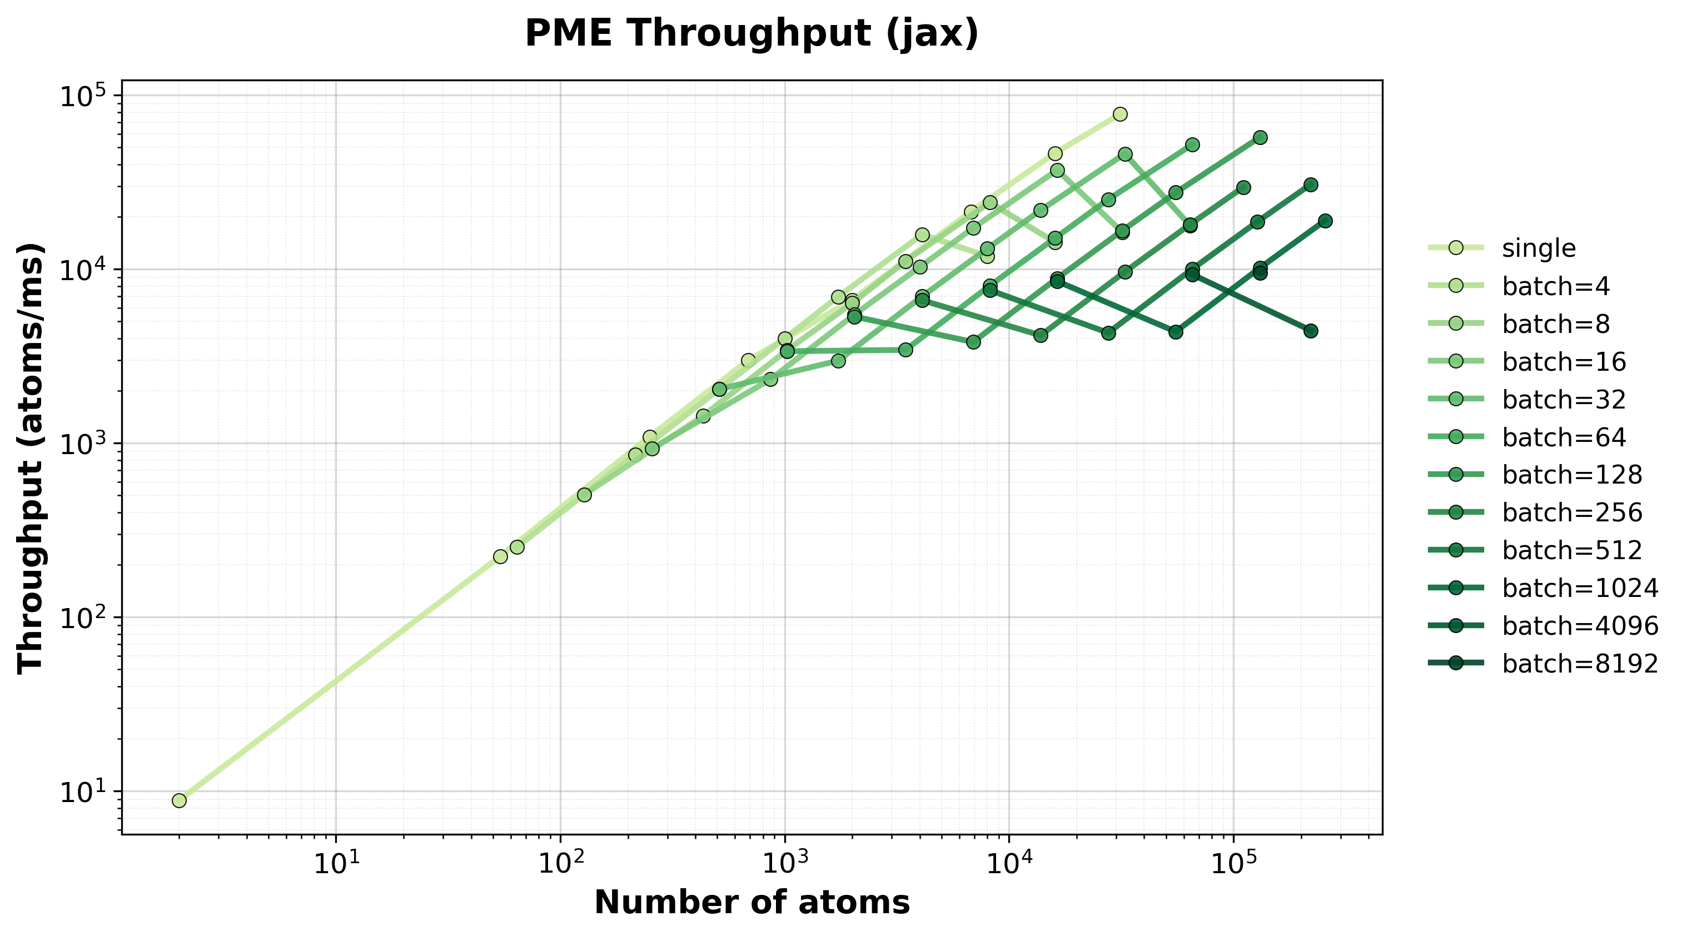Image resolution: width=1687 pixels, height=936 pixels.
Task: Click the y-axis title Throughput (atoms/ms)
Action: (31, 458)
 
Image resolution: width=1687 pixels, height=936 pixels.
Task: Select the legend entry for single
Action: (1539, 248)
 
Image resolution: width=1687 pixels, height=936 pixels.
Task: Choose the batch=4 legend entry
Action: (1555, 286)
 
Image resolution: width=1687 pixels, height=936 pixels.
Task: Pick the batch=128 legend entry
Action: (1572, 474)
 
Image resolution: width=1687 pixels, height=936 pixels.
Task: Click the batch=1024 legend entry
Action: (1580, 588)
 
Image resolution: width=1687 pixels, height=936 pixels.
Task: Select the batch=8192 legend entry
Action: (1580, 664)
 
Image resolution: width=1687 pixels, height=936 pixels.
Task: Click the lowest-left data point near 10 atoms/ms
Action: (180, 800)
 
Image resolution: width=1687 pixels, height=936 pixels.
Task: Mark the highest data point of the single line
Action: (1120, 114)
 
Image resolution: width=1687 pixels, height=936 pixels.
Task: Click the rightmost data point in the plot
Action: (1325, 221)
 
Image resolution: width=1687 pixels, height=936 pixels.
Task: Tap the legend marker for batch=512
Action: (1451, 550)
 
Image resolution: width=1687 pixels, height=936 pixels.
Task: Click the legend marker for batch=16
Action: (1451, 362)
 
